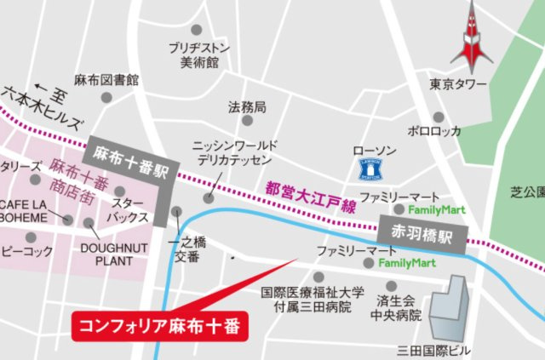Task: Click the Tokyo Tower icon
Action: (x=471, y=39)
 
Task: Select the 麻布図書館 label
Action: (x=106, y=81)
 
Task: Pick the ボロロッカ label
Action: (x=433, y=131)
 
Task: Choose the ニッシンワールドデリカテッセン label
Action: (x=232, y=152)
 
